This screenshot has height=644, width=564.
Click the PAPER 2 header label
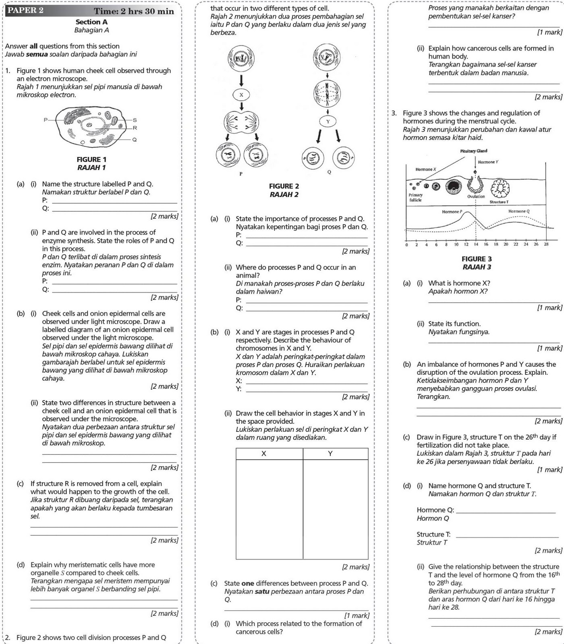pyautogui.click(x=25, y=11)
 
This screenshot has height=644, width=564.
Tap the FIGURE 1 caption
pyautogui.click(x=91, y=159)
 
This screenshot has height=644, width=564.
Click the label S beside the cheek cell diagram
pyautogui.click(x=135, y=120)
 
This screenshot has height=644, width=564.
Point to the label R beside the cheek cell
pyautogui.click(x=135, y=128)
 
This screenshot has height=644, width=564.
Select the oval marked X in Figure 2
pyautogui.click(x=241, y=95)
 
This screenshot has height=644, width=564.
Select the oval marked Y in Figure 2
pyautogui.click(x=328, y=121)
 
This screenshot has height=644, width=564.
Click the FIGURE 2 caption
pyautogui.click(x=284, y=186)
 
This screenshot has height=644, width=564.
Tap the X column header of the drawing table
pyautogui.click(x=264, y=454)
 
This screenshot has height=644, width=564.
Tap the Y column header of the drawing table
pyautogui.click(x=330, y=454)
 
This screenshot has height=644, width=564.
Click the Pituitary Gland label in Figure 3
pyautogui.click(x=473, y=151)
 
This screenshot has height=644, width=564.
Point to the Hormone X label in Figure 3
pyautogui.click(x=426, y=169)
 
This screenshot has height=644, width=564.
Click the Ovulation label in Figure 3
pyautogui.click(x=476, y=196)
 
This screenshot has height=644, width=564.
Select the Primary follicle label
pyautogui.click(x=416, y=197)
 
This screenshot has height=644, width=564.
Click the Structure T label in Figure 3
pyautogui.click(x=499, y=202)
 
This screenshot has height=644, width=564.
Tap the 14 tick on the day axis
pyautogui.click(x=476, y=244)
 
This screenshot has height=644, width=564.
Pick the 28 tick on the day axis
pyautogui.click(x=546, y=244)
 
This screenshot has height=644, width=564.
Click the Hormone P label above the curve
pyautogui.click(x=452, y=212)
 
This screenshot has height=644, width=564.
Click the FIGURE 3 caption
pyautogui.click(x=477, y=259)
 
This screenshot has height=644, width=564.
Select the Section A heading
pyautogui.click(x=91, y=22)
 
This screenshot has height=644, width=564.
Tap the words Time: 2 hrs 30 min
pyautogui.click(x=134, y=11)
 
